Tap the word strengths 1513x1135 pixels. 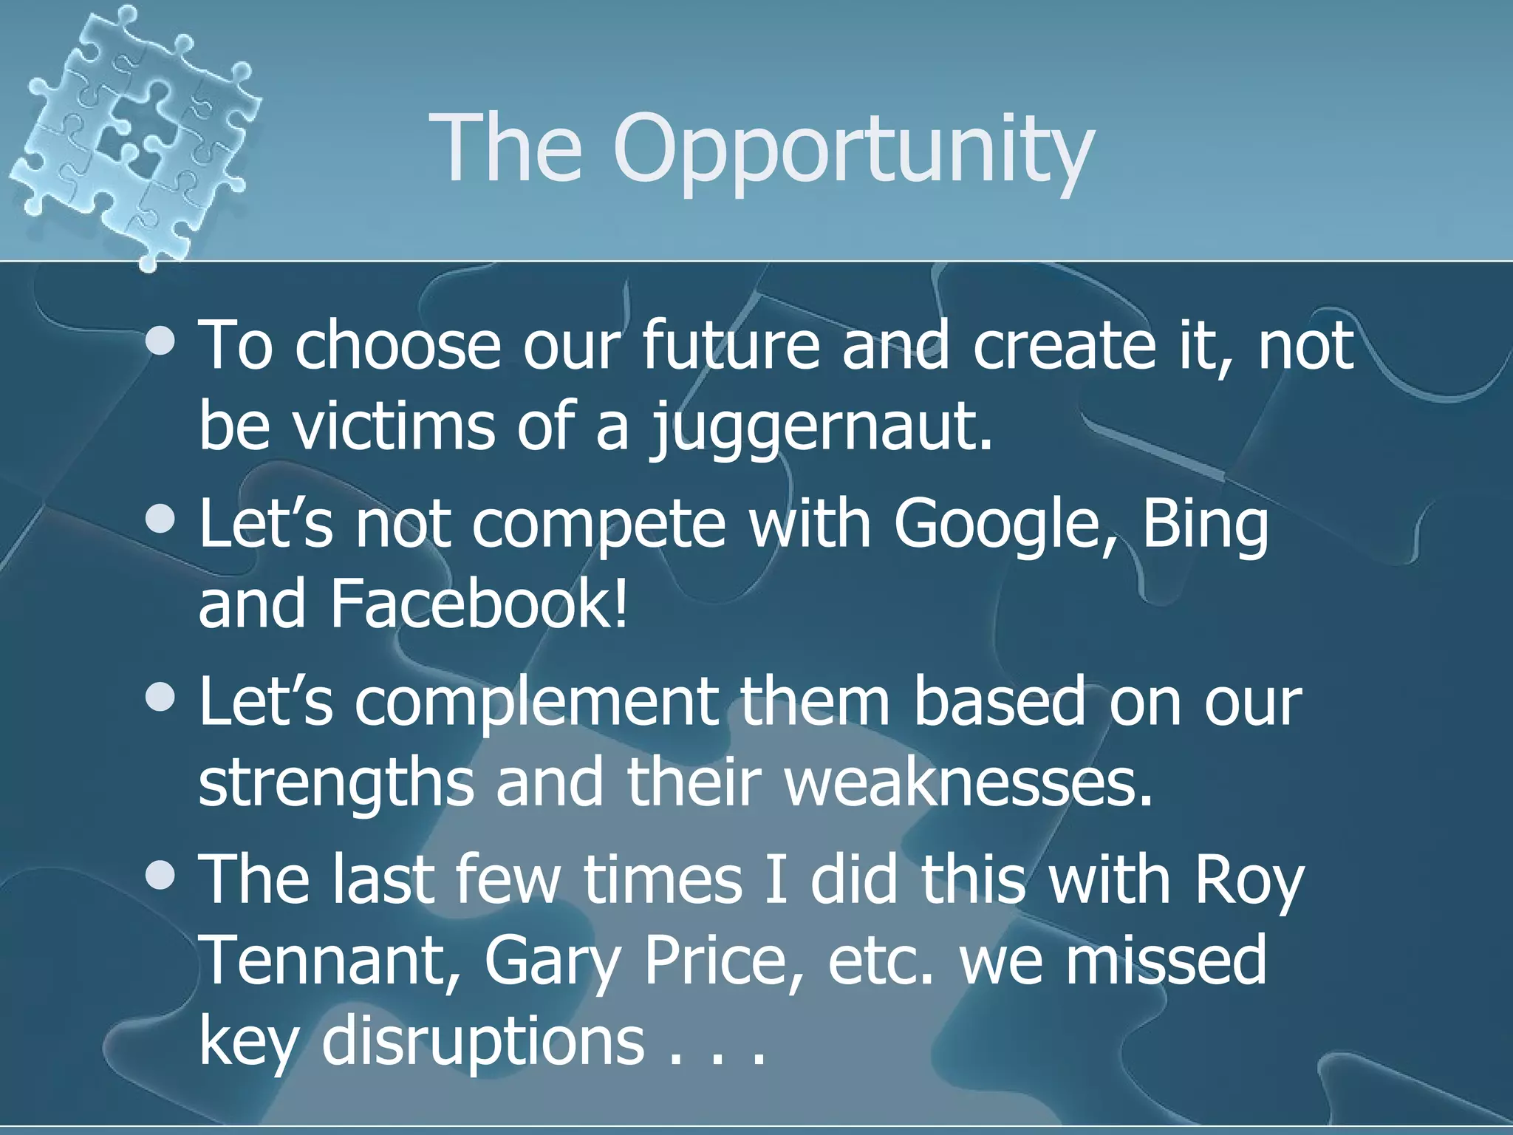pyautogui.click(x=336, y=783)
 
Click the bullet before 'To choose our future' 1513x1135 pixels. pyautogui.click(x=160, y=341)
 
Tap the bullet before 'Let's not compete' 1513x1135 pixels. pyautogui.click(x=160, y=519)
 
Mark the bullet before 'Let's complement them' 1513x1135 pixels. pyautogui.click(x=160, y=698)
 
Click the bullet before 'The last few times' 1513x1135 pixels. pyautogui.click(x=160, y=876)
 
